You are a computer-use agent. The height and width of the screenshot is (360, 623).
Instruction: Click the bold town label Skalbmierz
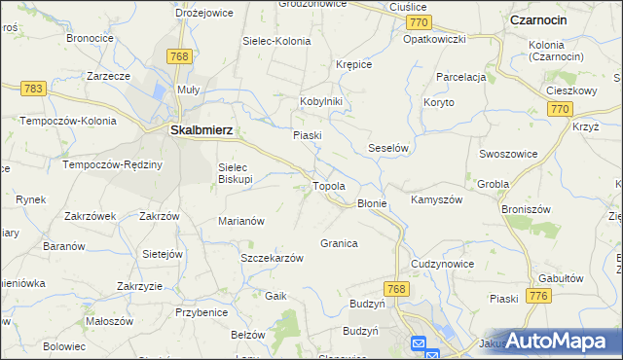pyautogui.click(x=200, y=127)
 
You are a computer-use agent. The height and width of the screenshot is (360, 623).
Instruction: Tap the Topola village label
pyautogui.click(x=329, y=185)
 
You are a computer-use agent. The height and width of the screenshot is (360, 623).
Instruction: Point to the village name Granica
pyautogui.click(x=339, y=243)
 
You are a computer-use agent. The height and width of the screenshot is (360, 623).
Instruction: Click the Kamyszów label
pyautogui.click(x=435, y=198)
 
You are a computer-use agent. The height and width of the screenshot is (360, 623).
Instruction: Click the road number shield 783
pyautogui.click(x=33, y=89)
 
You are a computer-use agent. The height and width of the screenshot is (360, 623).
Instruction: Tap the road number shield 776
pyautogui.click(x=535, y=295)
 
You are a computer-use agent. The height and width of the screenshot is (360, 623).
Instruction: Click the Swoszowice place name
pyautogui.click(x=506, y=154)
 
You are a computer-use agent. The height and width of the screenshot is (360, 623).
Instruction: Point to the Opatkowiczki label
pyautogui.click(x=435, y=39)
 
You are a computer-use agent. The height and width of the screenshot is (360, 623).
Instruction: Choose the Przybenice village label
pyautogui.click(x=202, y=312)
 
